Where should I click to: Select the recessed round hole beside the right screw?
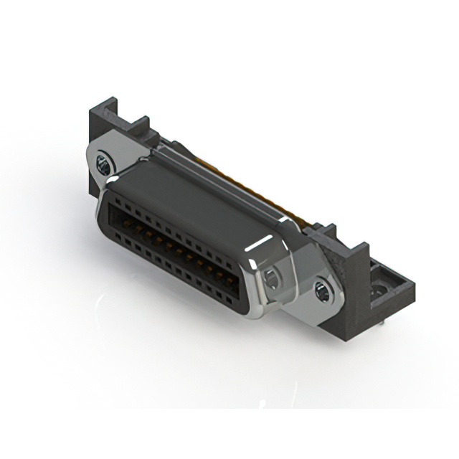[x=273, y=278]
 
